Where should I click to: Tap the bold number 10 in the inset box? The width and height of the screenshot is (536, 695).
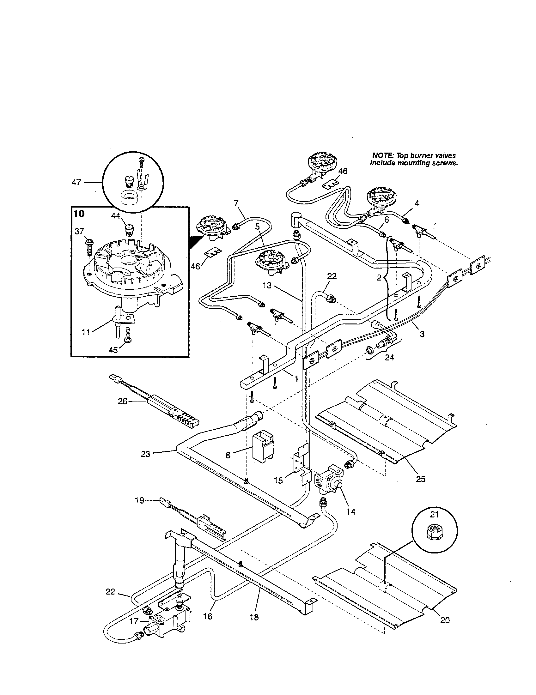(x=79, y=214)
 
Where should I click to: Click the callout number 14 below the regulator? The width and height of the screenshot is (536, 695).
(x=351, y=511)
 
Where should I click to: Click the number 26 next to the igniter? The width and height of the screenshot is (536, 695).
(x=123, y=402)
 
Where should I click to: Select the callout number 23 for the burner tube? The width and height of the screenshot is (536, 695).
(x=145, y=454)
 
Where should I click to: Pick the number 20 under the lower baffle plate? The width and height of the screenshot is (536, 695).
(x=445, y=629)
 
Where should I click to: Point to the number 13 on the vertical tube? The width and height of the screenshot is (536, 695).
(x=267, y=286)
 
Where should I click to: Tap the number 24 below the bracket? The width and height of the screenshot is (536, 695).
(x=389, y=357)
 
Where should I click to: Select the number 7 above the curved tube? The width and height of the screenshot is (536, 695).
(x=236, y=203)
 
